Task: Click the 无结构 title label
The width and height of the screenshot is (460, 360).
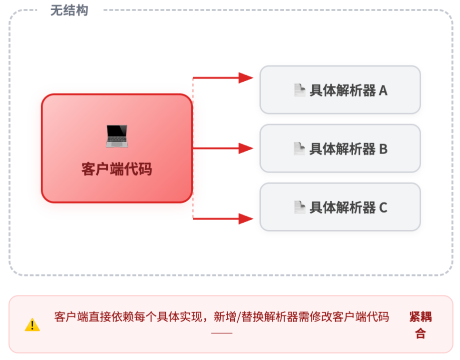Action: tap(69, 10)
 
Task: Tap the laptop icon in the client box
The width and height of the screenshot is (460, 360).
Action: tap(117, 136)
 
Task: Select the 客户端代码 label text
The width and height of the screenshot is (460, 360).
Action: tap(117, 169)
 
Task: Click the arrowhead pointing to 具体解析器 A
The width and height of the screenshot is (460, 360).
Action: tap(246, 78)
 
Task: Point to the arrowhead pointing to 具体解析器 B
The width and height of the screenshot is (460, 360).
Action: tap(246, 148)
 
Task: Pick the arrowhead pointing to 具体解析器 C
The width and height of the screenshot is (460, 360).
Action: tap(246, 219)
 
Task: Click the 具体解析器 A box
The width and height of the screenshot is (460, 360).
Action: tap(340, 90)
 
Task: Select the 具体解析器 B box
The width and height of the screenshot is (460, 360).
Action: tap(340, 148)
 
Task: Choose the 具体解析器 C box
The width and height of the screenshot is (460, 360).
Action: tap(340, 207)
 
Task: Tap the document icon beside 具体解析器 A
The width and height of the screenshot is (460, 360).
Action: tap(300, 90)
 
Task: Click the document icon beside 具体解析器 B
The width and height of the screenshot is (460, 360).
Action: tap(300, 148)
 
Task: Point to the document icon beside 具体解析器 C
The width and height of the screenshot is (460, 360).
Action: tap(300, 207)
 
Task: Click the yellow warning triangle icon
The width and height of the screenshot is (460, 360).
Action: tap(32, 325)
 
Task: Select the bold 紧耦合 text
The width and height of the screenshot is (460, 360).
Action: tap(421, 325)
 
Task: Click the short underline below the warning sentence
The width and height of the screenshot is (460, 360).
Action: tap(222, 333)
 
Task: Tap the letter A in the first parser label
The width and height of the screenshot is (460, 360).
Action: tap(383, 90)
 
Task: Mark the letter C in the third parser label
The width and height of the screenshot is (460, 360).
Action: tap(383, 207)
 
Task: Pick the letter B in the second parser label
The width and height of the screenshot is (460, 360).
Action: tap(383, 149)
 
